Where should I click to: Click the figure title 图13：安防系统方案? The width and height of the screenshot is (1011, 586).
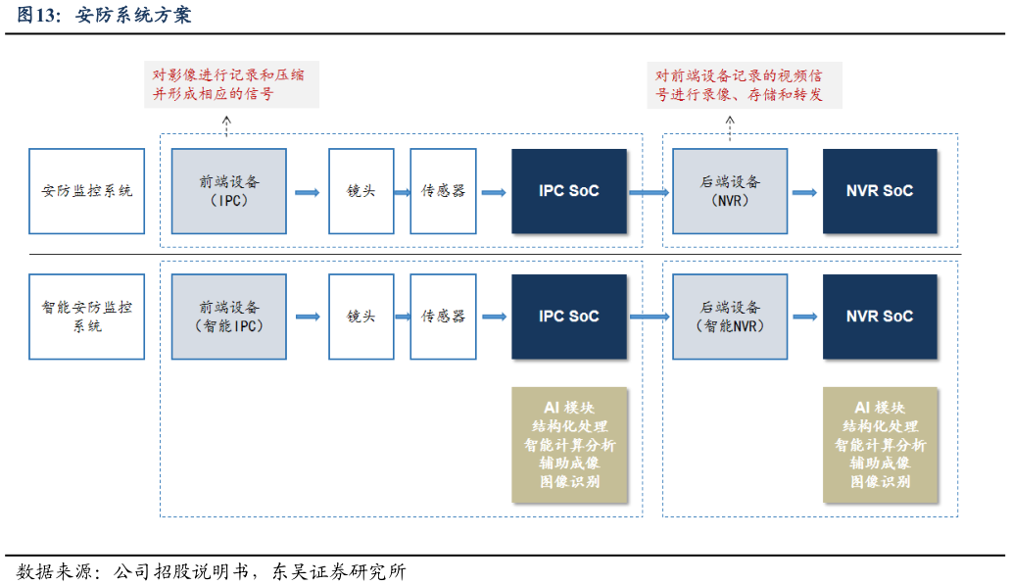tap(104, 15)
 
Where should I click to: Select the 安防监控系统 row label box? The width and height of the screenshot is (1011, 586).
tap(86, 191)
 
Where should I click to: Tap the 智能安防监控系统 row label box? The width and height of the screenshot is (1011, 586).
tap(86, 316)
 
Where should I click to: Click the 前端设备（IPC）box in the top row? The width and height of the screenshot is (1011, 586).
tap(229, 191)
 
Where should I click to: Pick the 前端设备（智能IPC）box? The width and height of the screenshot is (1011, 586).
tap(229, 316)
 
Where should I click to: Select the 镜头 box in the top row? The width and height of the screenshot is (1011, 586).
tap(361, 191)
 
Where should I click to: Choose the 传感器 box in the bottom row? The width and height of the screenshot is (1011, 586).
tap(443, 316)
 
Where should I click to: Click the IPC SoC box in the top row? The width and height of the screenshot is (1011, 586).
tap(568, 191)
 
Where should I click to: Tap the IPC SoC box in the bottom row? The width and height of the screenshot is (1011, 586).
tap(568, 316)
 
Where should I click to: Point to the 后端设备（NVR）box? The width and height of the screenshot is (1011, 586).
tap(730, 191)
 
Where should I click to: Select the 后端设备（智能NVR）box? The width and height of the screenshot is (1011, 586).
tap(730, 316)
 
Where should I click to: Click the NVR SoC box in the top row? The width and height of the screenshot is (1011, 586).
tap(879, 191)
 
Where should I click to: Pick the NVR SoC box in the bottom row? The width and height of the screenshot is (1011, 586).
tap(879, 316)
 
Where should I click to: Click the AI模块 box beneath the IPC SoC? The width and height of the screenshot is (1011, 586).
tap(568, 445)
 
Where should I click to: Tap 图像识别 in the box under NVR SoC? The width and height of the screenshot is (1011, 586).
tap(879, 482)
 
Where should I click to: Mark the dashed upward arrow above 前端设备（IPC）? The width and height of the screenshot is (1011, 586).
tap(226, 124)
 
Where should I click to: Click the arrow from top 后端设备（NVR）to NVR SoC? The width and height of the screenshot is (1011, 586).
tap(804, 192)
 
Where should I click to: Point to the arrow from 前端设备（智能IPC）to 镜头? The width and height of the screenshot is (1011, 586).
tap(308, 317)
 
